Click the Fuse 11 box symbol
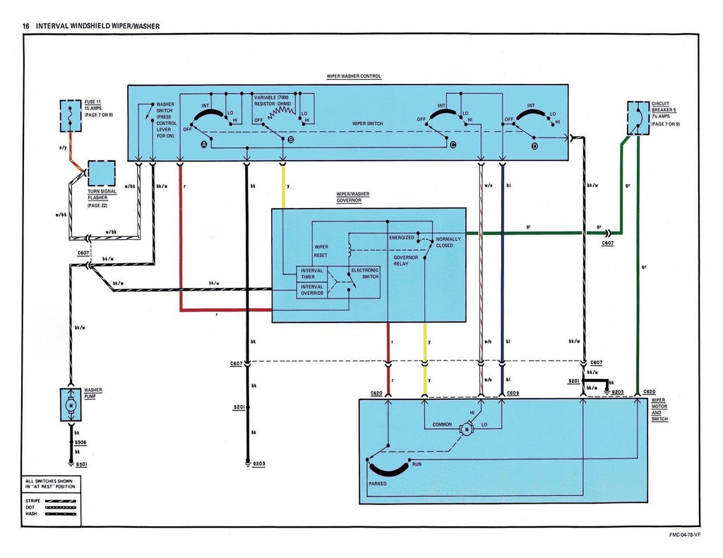point(71,116)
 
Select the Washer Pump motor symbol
point(71,404)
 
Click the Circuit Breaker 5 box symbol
point(638,118)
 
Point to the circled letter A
point(205,144)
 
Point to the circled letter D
point(534,145)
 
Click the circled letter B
point(289,142)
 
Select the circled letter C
point(453,145)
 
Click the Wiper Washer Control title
point(354,76)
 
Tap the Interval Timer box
point(312,274)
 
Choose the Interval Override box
point(312,290)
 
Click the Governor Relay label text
point(405,260)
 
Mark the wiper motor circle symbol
point(466,427)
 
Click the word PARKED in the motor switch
point(378,484)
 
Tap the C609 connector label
point(513,392)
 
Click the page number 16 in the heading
point(26,26)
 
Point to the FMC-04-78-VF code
point(685,534)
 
